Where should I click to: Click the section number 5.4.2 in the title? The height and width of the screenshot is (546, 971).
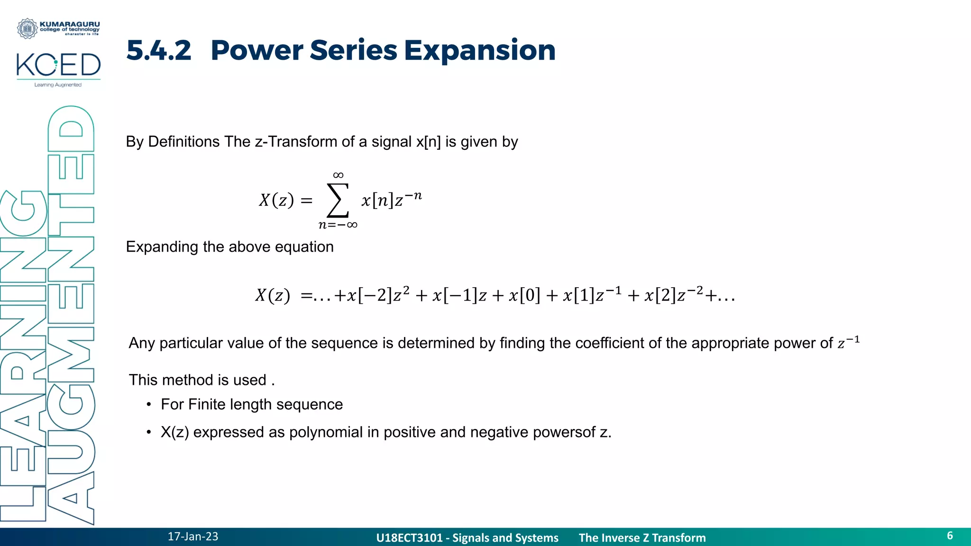coord(159,50)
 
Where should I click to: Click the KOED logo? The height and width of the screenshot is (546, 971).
coord(58,65)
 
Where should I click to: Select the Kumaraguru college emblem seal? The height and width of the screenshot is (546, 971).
coord(27,28)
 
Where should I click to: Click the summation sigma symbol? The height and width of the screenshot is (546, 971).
coord(338,200)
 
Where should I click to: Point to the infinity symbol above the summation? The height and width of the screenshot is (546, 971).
coord(338,175)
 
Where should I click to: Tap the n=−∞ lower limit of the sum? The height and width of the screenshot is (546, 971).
coord(338,225)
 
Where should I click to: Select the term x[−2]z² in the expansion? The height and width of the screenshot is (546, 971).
coord(378,295)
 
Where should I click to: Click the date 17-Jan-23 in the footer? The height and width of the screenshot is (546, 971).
coord(193,537)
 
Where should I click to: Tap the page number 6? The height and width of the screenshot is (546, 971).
coord(950,536)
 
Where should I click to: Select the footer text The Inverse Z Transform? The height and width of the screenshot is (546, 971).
coord(642,538)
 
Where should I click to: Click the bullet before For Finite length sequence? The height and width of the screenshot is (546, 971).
coord(149,404)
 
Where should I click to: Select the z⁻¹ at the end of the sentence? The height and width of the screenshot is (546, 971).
coord(848,342)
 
